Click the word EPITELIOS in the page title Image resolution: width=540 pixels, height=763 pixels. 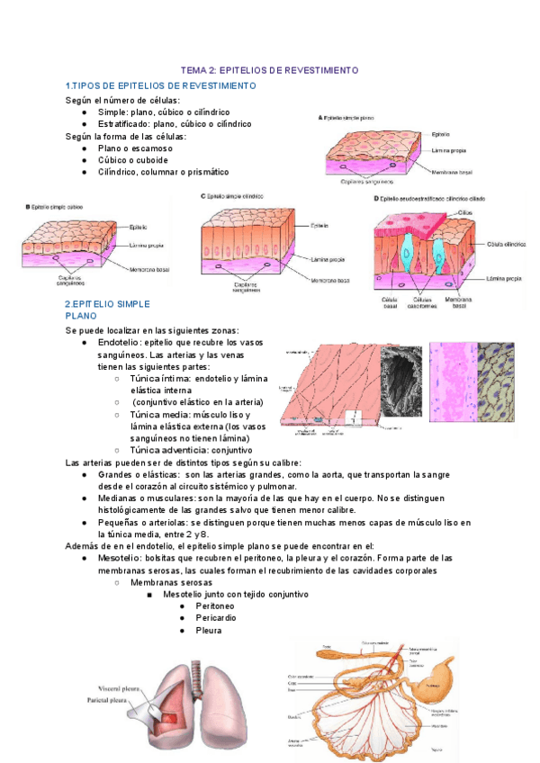259,69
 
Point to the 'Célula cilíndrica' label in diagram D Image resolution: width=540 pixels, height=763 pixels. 505,244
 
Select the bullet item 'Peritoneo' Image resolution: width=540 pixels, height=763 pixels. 217,606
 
